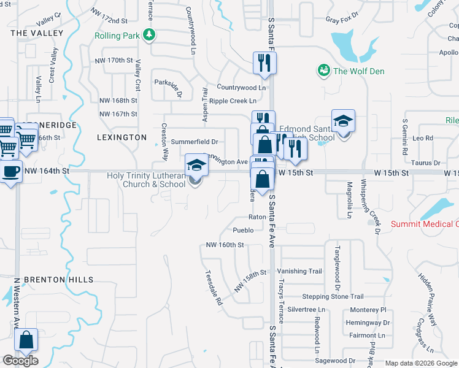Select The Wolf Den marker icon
(x=323, y=71)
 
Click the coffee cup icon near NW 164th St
(x=11, y=170)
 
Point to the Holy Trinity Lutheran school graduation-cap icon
(x=196, y=165)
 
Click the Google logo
(x=20, y=361)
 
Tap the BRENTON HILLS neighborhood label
(x=59, y=280)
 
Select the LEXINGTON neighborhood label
(x=122, y=137)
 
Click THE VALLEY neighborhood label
(x=37, y=33)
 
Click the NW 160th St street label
(x=225, y=245)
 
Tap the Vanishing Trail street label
(x=299, y=271)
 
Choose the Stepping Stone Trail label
(x=333, y=296)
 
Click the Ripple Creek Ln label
(x=233, y=101)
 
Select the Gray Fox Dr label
(x=342, y=19)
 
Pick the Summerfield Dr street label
(x=195, y=142)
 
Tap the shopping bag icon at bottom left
(x=26, y=340)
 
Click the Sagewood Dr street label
(x=335, y=361)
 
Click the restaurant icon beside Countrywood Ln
(x=265, y=63)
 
